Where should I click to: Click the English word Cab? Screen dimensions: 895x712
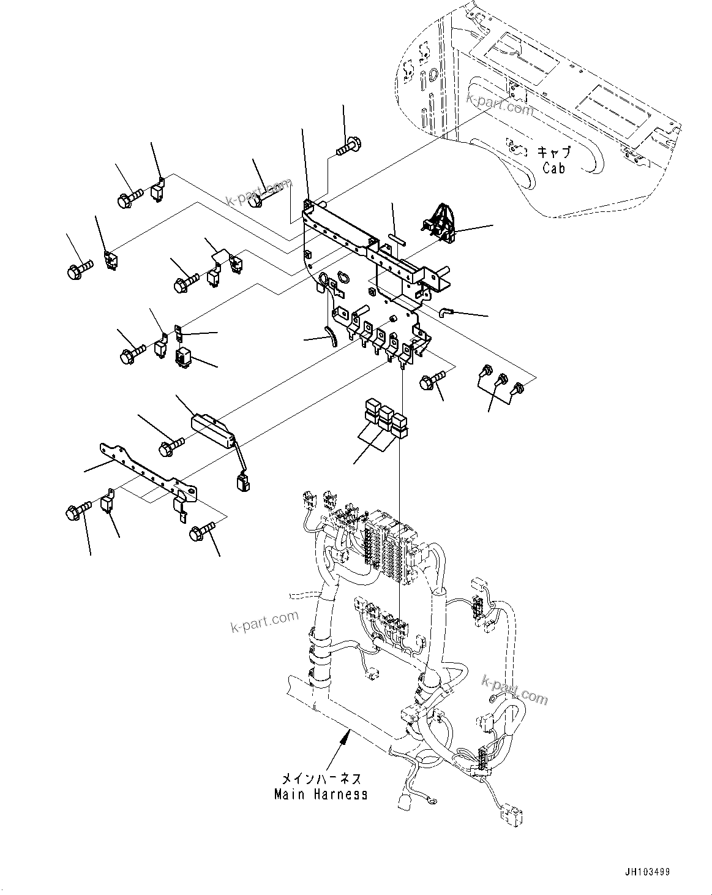click(553, 167)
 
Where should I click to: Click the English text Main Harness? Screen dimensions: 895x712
click(321, 795)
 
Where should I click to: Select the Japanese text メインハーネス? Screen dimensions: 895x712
click(321, 779)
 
